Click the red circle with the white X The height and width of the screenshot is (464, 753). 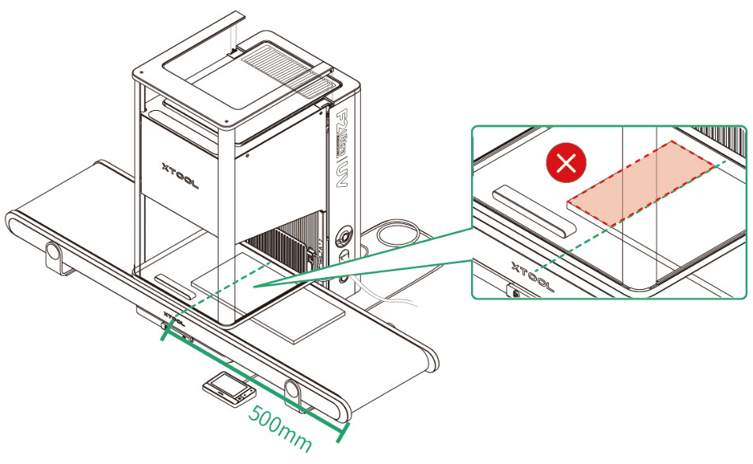pyautogui.click(x=567, y=164)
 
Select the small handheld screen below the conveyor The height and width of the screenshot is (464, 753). pyautogui.click(x=228, y=390)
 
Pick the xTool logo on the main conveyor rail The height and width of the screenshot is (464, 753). pyautogui.click(x=176, y=322)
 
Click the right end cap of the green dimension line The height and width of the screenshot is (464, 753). pyautogui.click(x=343, y=432)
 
